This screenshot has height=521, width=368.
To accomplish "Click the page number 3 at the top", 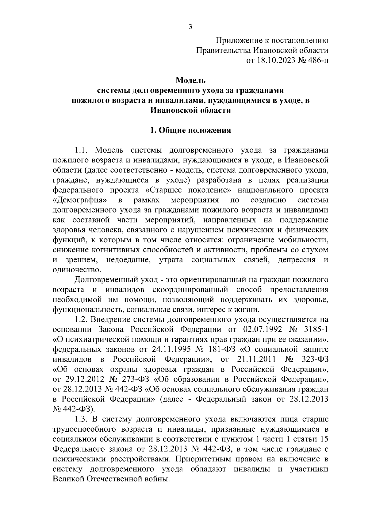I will tap(190, 27).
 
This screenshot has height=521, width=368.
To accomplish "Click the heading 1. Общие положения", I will tap(190, 130).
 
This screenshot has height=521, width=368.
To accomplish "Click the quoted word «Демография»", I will tap(80, 200).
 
